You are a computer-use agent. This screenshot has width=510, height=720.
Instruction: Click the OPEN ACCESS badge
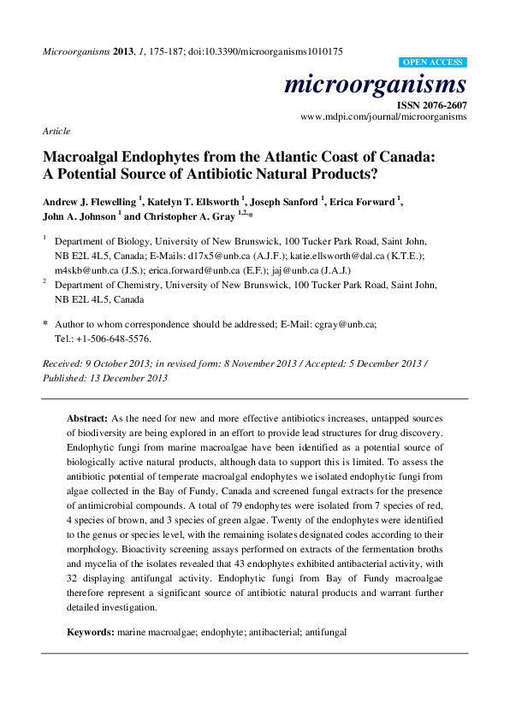pyautogui.click(x=433, y=63)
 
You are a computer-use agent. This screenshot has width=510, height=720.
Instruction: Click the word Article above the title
pyautogui.click(x=56, y=131)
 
